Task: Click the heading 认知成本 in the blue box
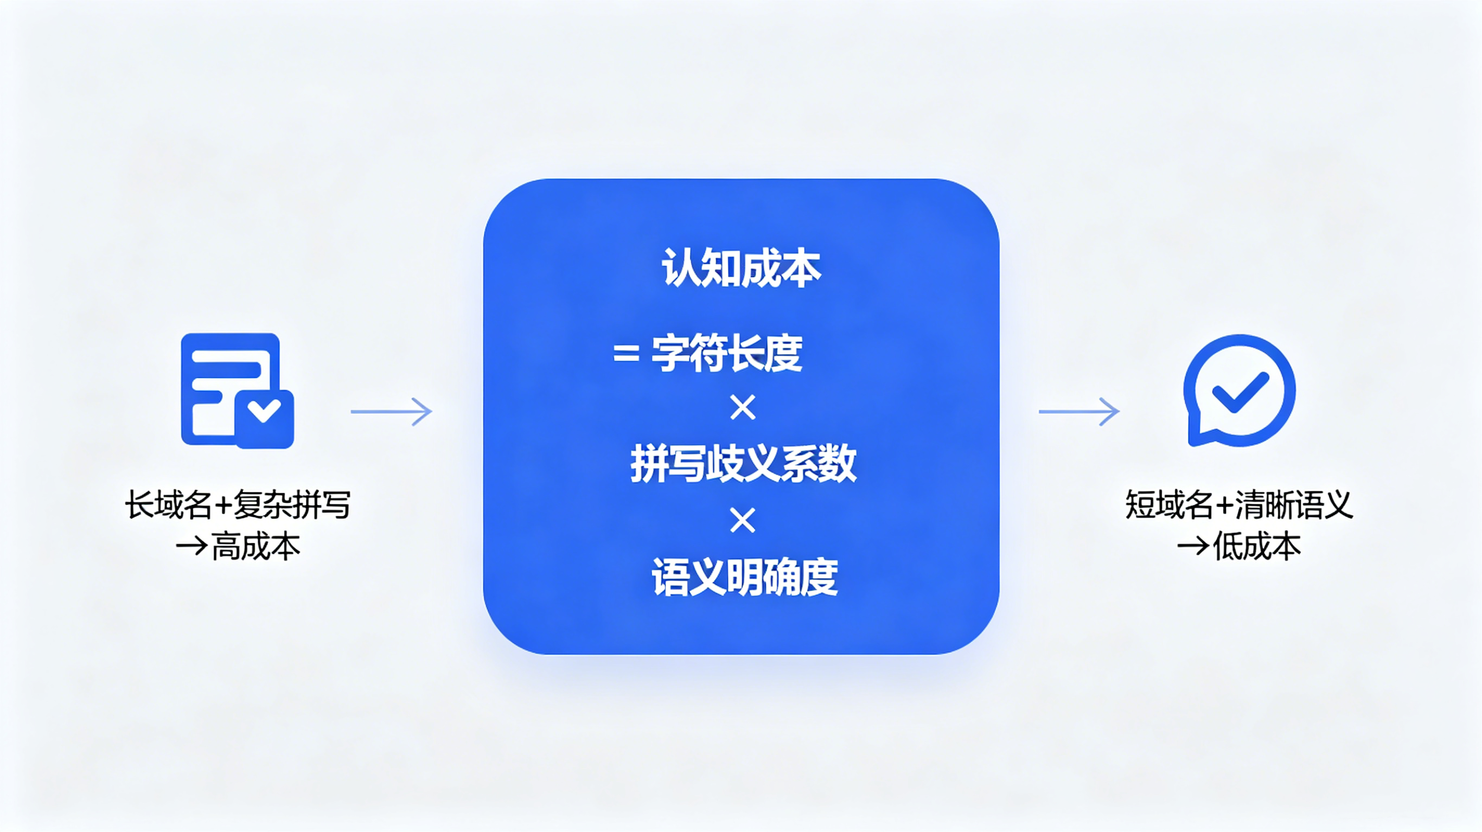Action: tap(742, 268)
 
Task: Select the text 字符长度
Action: tap(726, 353)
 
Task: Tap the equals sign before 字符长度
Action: tap(627, 353)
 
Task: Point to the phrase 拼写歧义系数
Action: tap(743, 463)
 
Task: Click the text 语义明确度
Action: tap(744, 577)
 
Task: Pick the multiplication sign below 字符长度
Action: tap(743, 408)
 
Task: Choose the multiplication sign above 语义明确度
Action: tap(743, 521)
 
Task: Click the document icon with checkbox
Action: tap(238, 390)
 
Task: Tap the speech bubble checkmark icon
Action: tap(1239, 391)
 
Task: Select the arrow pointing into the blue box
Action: tap(391, 412)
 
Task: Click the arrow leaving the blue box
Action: tap(1079, 412)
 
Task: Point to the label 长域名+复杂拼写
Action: tap(238, 505)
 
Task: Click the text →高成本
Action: tap(238, 547)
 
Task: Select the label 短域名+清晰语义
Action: tap(1239, 505)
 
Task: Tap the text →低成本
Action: tap(1239, 547)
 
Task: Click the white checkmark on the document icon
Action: tap(264, 410)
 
